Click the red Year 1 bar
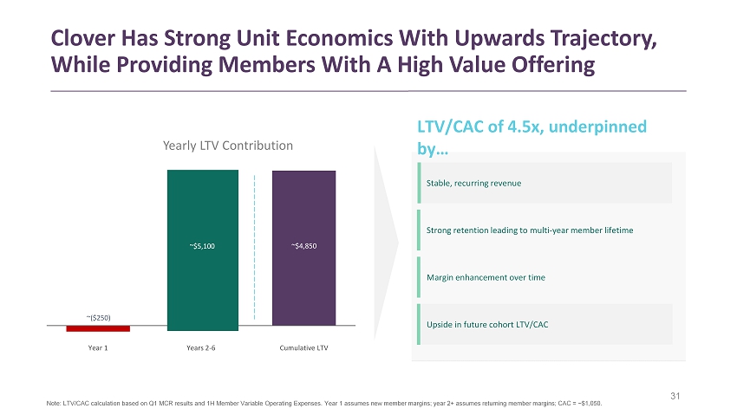pos(98,328)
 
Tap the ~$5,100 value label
pos(202,246)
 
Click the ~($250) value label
pos(98,316)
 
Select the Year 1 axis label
pos(98,348)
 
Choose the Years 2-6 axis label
pos(202,348)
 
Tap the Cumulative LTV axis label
pos(303,348)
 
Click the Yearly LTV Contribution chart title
pos(228,146)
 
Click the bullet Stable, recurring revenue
pos(473,183)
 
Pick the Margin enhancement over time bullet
pos(485,276)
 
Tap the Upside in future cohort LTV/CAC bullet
pos(486,323)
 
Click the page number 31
pos(677,397)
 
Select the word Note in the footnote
pos(54,404)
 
